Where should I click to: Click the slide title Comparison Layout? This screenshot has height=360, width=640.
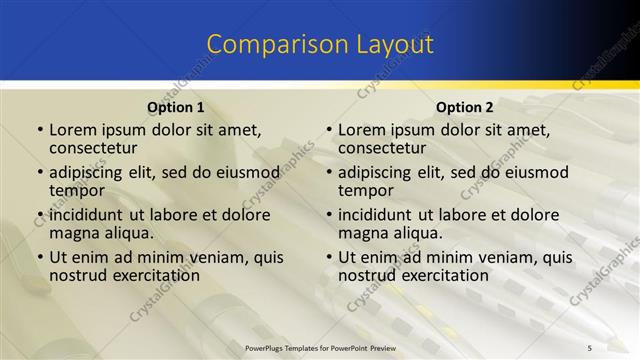point(320,45)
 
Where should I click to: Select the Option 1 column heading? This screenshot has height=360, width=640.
point(176,107)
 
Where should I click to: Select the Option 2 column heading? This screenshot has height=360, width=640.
point(464,107)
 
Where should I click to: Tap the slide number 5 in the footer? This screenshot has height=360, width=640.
point(590,346)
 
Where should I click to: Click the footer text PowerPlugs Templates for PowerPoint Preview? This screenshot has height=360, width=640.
point(320,346)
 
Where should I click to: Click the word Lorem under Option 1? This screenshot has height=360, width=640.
point(72,130)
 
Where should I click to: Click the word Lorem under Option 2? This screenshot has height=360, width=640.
point(361,130)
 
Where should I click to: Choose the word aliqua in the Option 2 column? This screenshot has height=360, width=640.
point(415,233)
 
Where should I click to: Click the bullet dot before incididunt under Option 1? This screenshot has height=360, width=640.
point(39,215)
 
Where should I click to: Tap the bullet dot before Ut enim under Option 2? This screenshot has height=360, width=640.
point(328,258)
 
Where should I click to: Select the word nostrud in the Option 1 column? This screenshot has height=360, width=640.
point(78,275)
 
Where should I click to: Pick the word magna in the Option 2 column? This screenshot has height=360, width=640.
point(362,233)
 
